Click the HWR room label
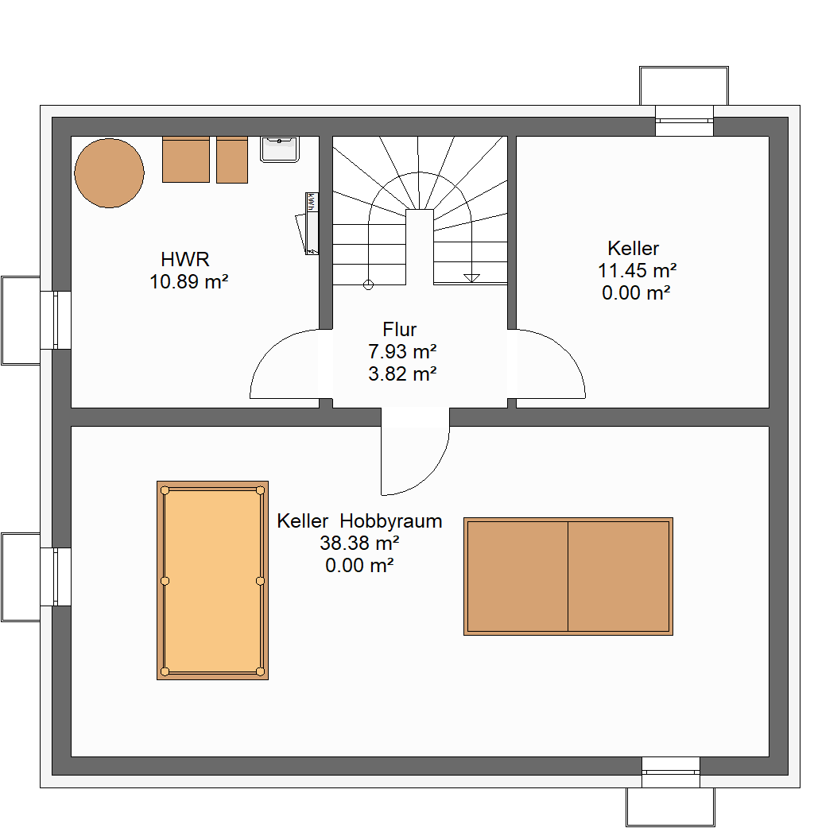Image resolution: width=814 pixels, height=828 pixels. pos(185,259)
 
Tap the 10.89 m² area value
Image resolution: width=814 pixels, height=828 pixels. pos(188,281)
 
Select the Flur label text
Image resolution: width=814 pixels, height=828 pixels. pos(399,330)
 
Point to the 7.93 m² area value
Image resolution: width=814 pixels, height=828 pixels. pos(402,351)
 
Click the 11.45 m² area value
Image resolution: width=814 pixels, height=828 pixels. pos(637,270)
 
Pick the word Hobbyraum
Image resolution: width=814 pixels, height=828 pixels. pos(391,521)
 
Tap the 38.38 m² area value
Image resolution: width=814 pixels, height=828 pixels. pos(359,543)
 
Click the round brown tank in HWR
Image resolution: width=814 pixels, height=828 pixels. pos(110,172)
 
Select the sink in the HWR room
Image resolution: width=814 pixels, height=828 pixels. pos(280,149)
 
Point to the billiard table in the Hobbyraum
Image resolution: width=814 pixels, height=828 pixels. pos(212,580)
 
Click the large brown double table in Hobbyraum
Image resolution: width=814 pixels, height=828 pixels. pos(568,576)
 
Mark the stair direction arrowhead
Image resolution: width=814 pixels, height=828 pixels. pos(471,278)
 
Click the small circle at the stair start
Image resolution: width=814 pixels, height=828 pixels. pos(368,285)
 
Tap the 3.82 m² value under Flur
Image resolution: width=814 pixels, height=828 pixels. pos(402,373)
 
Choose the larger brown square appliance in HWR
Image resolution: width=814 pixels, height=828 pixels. pos(186,160)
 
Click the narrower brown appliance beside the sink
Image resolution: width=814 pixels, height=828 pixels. pos(232,160)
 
